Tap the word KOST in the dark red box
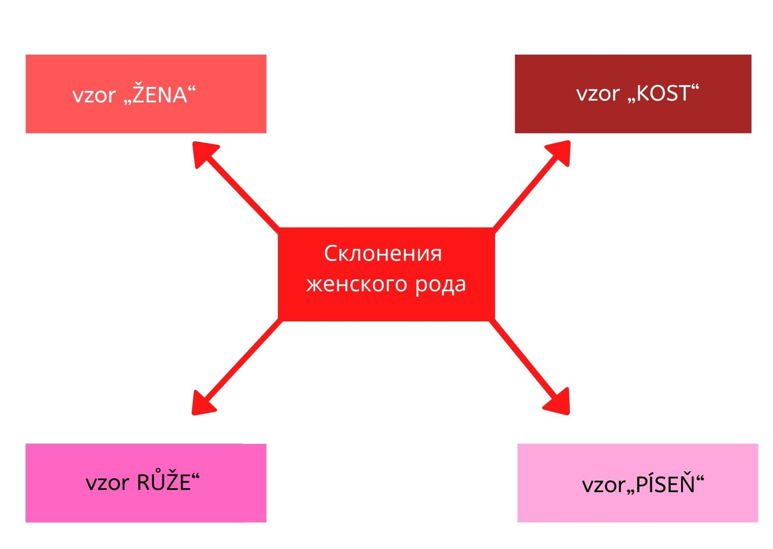coord(663,93)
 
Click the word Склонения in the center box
coord(383,254)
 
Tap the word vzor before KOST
coord(598,94)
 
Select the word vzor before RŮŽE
coord(107,483)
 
